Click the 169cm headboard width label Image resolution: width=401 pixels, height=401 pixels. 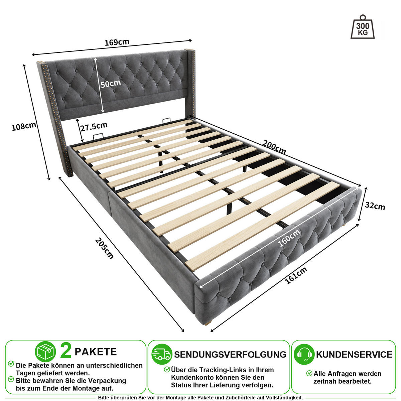(117, 42)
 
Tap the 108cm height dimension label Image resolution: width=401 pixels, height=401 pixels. (24, 126)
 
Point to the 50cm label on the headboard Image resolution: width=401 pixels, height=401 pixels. (111, 84)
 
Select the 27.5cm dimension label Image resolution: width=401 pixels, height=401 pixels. (94, 127)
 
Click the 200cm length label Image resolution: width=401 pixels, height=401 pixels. (274, 147)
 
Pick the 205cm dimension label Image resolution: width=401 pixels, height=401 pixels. (105, 249)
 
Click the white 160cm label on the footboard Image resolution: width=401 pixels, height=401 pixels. (289, 238)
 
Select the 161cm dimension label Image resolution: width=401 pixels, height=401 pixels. (296, 275)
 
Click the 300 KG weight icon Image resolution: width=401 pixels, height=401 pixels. (363, 27)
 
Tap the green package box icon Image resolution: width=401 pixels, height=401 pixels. (45, 352)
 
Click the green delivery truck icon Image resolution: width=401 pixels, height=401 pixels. (162, 355)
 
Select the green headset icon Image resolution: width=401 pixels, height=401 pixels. (304, 355)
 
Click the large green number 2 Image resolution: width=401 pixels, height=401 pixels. (66, 352)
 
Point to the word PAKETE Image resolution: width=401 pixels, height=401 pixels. (96, 352)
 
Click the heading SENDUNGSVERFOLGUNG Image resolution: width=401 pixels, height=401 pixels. (230, 355)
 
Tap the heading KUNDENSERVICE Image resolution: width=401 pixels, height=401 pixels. (354, 355)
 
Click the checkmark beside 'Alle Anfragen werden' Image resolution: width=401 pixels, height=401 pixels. (309, 373)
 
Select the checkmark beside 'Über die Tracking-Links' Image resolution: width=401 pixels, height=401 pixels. (167, 369)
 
